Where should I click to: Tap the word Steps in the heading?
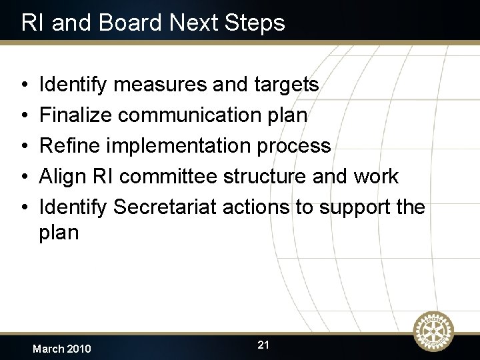tap(255, 24)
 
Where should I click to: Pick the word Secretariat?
tap(165, 207)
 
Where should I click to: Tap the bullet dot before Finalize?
tap(23, 116)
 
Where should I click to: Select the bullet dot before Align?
tap(23, 177)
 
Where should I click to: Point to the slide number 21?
tap(263, 345)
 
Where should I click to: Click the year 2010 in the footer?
tap(78, 349)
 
